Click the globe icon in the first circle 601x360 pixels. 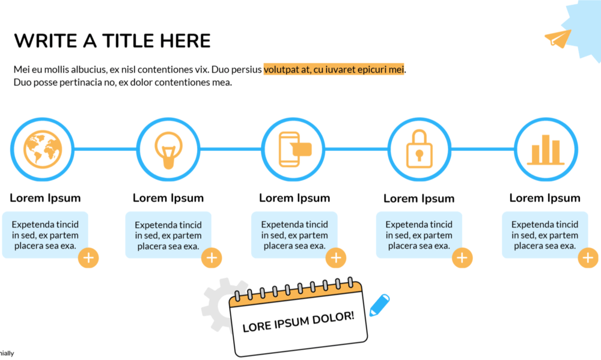(43, 150)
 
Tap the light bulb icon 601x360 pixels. (168, 150)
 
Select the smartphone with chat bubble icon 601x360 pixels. (294, 150)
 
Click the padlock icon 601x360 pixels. (419, 149)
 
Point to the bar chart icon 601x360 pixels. (546, 150)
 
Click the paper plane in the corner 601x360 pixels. (558, 38)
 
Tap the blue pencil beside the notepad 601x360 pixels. (379, 305)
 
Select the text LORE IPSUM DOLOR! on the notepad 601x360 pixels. (298, 322)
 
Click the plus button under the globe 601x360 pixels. (88, 258)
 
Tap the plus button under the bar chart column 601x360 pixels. (588, 258)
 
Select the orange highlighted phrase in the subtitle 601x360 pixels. (334, 69)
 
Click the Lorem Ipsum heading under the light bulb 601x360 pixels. (168, 198)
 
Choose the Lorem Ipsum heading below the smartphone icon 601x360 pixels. (294, 198)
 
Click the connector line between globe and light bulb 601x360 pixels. (105, 149)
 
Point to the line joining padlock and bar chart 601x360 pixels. (483, 149)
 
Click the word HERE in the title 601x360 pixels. (185, 41)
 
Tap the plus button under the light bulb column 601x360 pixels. (212, 258)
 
